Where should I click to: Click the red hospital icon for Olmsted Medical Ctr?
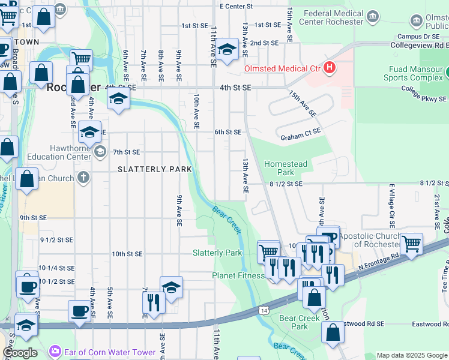coord(329,68)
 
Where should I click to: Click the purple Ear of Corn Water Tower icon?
coord(55,350)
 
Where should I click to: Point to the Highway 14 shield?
coord(264,310)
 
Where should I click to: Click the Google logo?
coord(20,353)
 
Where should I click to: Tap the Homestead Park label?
coord(286,168)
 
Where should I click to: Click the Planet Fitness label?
coord(238,275)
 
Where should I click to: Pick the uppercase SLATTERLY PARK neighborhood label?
coord(154,169)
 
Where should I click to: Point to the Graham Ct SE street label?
coord(301,138)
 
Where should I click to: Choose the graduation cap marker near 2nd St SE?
coord(228,50)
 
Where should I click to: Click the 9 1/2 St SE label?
coord(56,240)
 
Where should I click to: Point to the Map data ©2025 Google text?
coord(412,355)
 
